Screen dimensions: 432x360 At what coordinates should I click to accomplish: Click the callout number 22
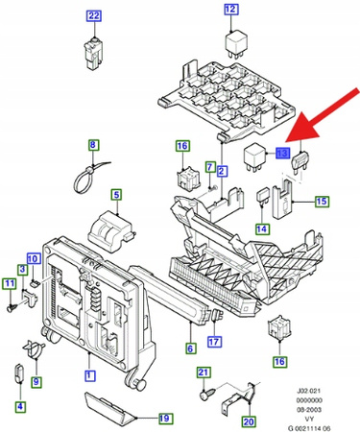(x=93, y=15)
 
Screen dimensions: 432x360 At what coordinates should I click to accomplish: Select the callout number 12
(x=230, y=11)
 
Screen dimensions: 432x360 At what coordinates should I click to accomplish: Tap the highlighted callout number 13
(x=281, y=153)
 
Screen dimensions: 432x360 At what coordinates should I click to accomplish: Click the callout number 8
(x=94, y=146)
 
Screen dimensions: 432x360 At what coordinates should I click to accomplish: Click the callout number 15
(x=322, y=202)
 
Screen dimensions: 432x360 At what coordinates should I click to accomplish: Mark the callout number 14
(x=261, y=228)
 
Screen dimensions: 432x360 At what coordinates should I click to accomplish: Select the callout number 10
(x=33, y=258)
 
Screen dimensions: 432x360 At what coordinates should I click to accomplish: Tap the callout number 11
(x=9, y=284)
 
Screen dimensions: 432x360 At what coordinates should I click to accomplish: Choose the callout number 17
(x=215, y=341)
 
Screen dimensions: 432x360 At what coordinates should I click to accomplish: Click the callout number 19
(x=164, y=418)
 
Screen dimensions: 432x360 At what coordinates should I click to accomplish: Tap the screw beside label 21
(x=204, y=394)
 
